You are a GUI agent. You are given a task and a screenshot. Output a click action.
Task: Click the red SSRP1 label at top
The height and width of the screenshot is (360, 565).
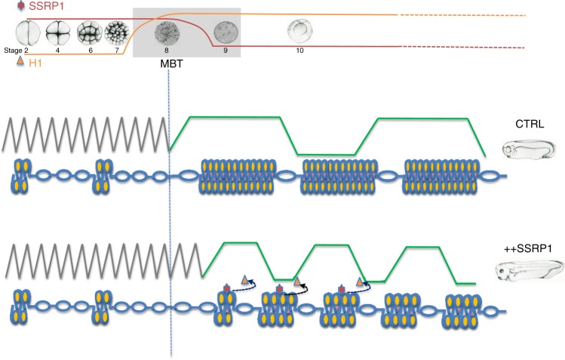pos(46,6)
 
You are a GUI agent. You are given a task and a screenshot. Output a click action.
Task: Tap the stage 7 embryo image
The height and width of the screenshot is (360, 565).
pos(116,32)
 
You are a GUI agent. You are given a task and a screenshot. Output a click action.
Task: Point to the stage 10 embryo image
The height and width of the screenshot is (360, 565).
pos(299,31)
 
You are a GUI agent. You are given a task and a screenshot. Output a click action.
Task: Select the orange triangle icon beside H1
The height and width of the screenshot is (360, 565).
pos(21,61)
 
